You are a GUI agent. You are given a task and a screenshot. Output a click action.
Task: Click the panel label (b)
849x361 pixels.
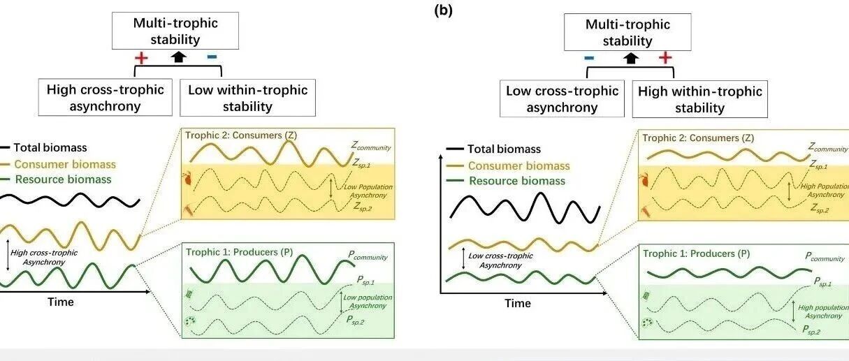click(x=443, y=11)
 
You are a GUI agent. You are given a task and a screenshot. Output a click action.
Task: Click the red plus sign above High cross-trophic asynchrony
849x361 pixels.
click(x=141, y=58)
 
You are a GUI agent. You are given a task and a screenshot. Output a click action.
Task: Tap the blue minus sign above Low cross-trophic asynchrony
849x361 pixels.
click(x=589, y=58)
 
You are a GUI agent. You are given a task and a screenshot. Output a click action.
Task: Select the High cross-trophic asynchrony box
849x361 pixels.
click(x=105, y=97)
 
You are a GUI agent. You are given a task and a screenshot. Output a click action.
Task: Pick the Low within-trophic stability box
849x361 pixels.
click(x=247, y=98)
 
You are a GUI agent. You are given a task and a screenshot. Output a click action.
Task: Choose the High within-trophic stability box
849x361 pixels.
click(x=699, y=99)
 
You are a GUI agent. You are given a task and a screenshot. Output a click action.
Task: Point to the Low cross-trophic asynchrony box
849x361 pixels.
click(x=562, y=98)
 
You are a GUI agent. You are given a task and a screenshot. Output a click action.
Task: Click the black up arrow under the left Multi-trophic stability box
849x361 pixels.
click(x=178, y=57)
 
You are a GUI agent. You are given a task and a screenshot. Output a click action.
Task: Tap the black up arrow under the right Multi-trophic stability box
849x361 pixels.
click(x=631, y=59)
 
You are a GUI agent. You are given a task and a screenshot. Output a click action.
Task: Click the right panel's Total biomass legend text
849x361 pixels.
click(x=504, y=149)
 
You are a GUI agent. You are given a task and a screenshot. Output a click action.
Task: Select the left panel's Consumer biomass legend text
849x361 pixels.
click(x=65, y=164)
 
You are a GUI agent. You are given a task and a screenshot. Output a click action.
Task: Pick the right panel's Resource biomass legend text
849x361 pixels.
click(x=517, y=181)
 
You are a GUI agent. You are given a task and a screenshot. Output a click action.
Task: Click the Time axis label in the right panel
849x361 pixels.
click(x=517, y=304)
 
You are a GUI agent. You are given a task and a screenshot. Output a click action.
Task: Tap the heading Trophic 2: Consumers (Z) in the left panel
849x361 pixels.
click(x=241, y=135)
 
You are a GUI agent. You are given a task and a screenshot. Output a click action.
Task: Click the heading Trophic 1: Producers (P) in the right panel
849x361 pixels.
click(x=696, y=253)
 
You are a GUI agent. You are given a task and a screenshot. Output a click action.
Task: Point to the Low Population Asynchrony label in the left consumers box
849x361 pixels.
click(x=368, y=191)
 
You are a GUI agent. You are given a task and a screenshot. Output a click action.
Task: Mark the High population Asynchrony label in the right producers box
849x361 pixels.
click(x=823, y=311)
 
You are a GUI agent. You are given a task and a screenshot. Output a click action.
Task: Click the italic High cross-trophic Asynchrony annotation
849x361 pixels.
click(x=44, y=257)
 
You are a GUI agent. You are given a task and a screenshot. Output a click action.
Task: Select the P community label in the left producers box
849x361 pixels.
click(x=368, y=256)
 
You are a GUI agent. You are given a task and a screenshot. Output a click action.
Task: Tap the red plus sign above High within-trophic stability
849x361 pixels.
click(x=665, y=57)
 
